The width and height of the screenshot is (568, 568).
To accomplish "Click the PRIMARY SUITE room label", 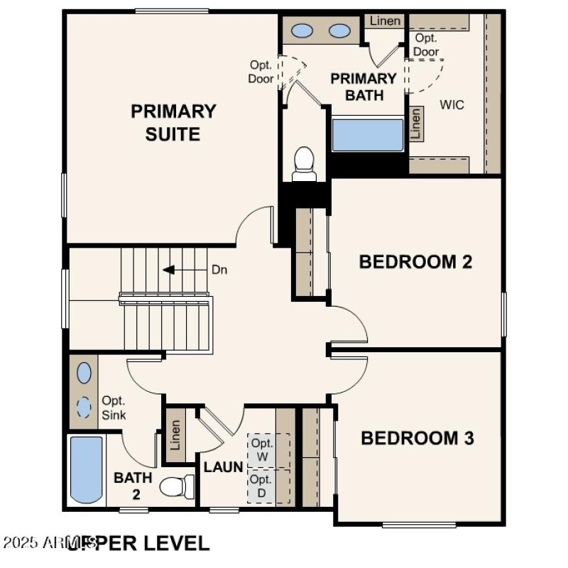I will click(173, 122).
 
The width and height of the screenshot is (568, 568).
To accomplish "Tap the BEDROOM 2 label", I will click(415, 262).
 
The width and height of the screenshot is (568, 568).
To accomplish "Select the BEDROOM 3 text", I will click(417, 438).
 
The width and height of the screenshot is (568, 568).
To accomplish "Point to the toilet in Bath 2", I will click(175, 487).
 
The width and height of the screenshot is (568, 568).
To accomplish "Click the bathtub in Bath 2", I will click(87, 469).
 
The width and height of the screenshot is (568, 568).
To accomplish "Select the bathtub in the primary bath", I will click(367, 135).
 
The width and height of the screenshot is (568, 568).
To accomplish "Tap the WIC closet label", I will click(452, 105).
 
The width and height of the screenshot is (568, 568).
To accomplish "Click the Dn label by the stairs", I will click(219, 270).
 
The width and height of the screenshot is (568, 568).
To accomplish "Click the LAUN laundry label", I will click(224, 467).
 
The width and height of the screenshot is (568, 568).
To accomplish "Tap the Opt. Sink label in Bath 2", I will click(114, 408).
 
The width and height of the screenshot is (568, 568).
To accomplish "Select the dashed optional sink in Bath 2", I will click(84, 408).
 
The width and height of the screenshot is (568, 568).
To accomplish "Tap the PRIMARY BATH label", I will click(363, 87).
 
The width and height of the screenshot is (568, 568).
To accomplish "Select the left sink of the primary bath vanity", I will click(304, 31).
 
